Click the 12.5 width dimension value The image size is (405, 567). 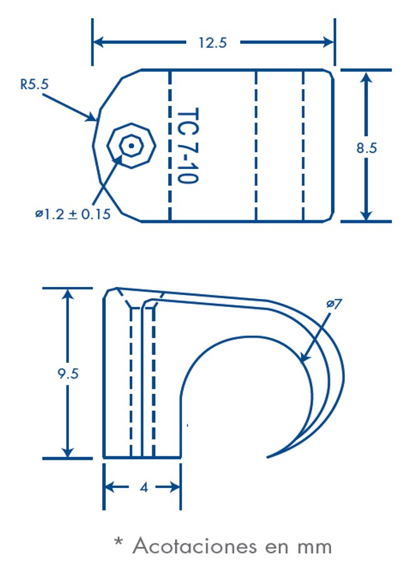(212, 43)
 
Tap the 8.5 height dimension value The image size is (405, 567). (367, 148)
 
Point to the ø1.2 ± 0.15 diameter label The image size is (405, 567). (73, 215)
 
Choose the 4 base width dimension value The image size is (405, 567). (143, 487)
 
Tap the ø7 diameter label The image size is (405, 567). (334, 304)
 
